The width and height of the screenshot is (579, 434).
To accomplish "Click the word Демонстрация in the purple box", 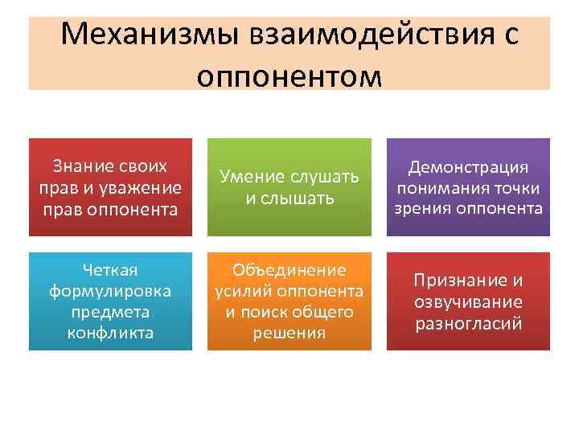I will (x=468, y=166).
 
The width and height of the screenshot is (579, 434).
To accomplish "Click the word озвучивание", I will (x=468, y=301).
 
